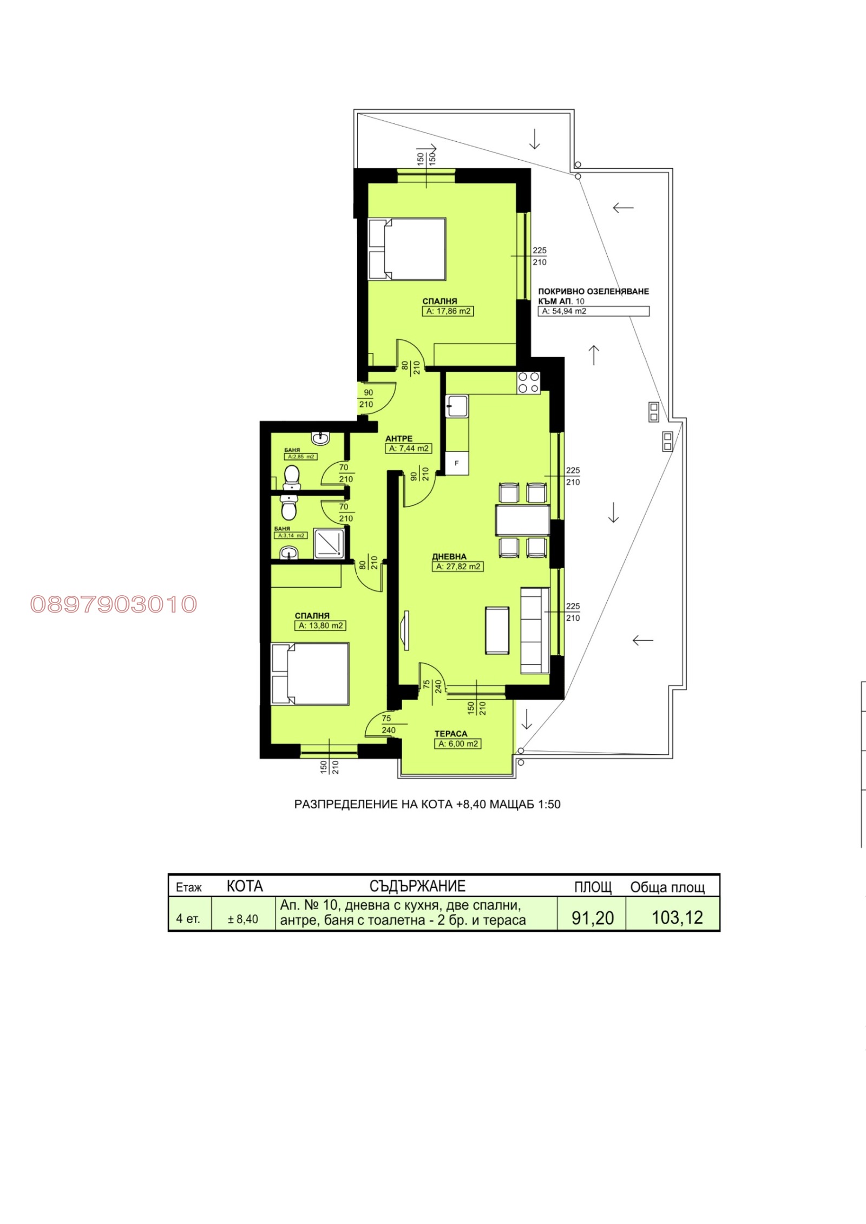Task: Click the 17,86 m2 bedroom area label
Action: pos(448,311)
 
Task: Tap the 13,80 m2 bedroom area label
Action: pos(320,626)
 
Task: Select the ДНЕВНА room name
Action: pos(449,556)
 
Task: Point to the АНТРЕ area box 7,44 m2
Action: pos(408,449)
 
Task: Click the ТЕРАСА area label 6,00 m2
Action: pos(457,744)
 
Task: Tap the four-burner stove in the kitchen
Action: pos(528,382)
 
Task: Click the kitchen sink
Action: pos(457,406)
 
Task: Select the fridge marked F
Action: pos(456,463)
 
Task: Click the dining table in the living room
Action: pos(522,520)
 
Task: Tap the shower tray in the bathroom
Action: pos(329,544)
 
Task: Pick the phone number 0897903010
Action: pos(114,604)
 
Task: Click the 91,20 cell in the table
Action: pos(592,918)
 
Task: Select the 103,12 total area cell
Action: pos(677,918)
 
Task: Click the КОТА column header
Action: pos(245,886)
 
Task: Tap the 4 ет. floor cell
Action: pos(188,919)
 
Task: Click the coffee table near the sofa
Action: pos(497,630)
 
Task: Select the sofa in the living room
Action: pos(535,630)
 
